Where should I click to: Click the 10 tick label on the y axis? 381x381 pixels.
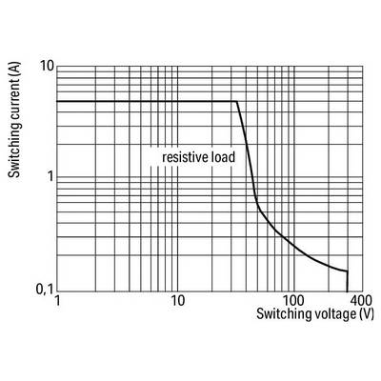click(x=47, y=66)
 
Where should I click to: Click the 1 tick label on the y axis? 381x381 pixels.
click(x=50, y=176)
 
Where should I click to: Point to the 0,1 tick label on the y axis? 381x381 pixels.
click(x=45, y=290)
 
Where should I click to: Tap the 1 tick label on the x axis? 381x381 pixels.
click(x=57, y=300)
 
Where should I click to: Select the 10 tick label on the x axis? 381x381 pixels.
click(x=177, y=300)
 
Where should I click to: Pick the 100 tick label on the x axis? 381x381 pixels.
click(x=293, y=300)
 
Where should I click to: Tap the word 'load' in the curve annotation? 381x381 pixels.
click(x=223, y=157)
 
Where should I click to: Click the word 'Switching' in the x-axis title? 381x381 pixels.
click(x=280, y=314)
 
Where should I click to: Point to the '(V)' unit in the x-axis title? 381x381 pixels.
click(x=367, y=314)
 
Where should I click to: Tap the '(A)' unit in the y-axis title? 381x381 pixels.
click(x=14, y=71)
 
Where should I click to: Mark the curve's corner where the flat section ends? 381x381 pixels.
click(x=236, y=102)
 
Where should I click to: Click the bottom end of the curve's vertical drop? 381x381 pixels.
click(x=347, y=291)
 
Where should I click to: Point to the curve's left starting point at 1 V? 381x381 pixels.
click(x=57, y=102)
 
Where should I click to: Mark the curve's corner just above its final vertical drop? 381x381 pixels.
click(x=348, y=271)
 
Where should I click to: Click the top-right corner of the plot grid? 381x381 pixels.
click(x=362, y=67)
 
